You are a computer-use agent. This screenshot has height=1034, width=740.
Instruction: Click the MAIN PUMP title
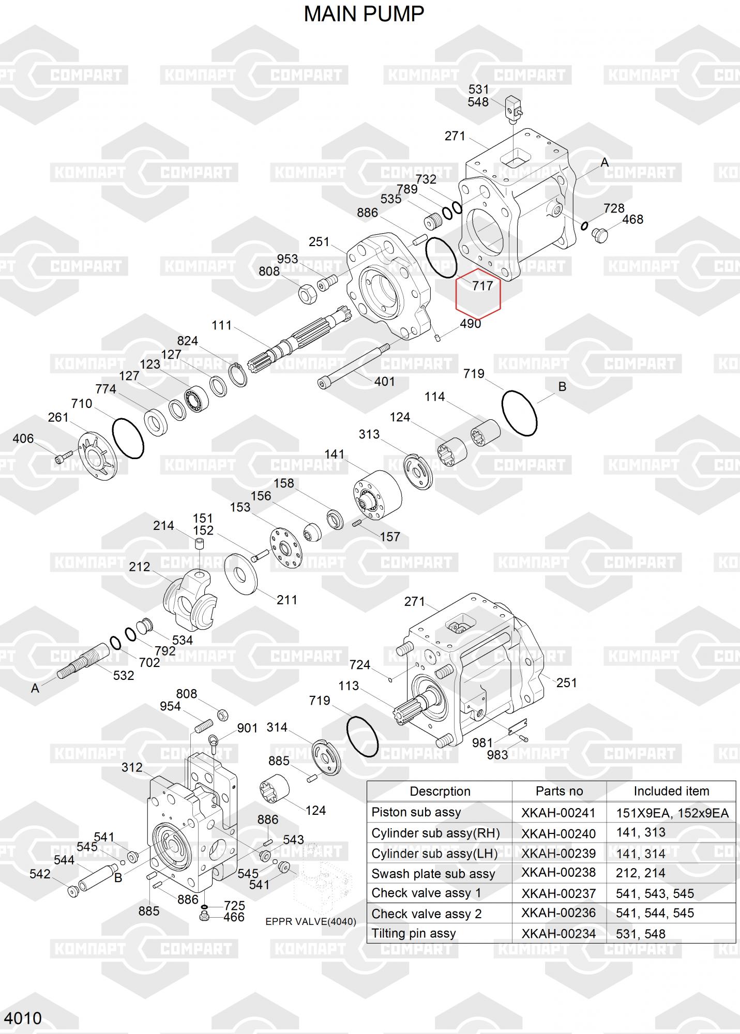pyautogui.click(x=364, y=14)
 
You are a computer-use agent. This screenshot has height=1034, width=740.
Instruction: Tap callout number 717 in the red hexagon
pyautogui.click(x=482, y=285)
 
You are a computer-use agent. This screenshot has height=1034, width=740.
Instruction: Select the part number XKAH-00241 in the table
pyautogui.click(x=558, y=813)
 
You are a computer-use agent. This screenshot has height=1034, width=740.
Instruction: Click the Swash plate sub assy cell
pyautogui.click(x=433, y=874)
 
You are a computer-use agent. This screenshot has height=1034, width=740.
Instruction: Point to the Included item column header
pyautogui.click(x=671, y=791)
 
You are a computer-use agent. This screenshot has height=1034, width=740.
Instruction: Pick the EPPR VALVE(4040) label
pyautogui.click(x=311, y=922)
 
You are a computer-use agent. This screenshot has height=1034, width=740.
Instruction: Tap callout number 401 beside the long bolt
pyautogui.click(x=385, y=382)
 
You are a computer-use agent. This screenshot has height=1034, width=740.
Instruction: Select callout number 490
pyautogui.click(x=470, y=324)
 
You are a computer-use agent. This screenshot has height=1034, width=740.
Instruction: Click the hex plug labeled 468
pyautogui.click(x=599, y=234)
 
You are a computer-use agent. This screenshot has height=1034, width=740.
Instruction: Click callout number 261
pyautogui.click(x=58, y=417)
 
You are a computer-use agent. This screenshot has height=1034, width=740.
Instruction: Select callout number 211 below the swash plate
pyautogui.click(x=287, y=600)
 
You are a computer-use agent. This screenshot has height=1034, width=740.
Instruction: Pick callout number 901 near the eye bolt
pyautogui.click(x=247, y=728)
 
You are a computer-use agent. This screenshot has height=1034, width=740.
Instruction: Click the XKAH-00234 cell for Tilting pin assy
pyautogui.click(x=558, y=934)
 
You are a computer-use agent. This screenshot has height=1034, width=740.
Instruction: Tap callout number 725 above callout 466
pyautogui.click(x=234, y=905)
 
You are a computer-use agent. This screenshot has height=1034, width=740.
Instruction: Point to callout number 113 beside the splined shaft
pyautogui.click(x=349, y=686)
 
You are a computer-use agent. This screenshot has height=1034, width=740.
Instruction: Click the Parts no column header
pyautogui.click(x=559, y=791)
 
